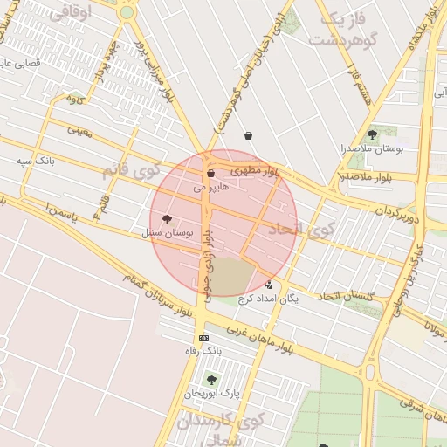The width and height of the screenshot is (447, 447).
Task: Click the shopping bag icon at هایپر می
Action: pyautogui.click(x=210, y=174)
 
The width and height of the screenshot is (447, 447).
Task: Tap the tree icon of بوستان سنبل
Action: pyautogui.click(x=167, y=220)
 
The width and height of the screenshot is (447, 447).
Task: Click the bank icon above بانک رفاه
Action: pyautogui.click(x=204, y=338)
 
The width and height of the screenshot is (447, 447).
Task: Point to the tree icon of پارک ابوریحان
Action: pyautogui.click(x=210, y=380)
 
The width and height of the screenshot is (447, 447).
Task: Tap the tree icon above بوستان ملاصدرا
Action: pyautogui.click(x=373, y=134)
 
